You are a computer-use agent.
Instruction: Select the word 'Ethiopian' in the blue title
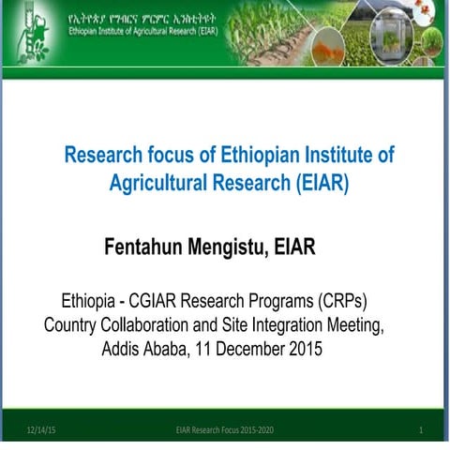click(x=222, y=155)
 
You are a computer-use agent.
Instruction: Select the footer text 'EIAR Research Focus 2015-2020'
click(x=224, y=429)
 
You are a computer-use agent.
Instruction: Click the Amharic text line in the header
click(x=132, y=18)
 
